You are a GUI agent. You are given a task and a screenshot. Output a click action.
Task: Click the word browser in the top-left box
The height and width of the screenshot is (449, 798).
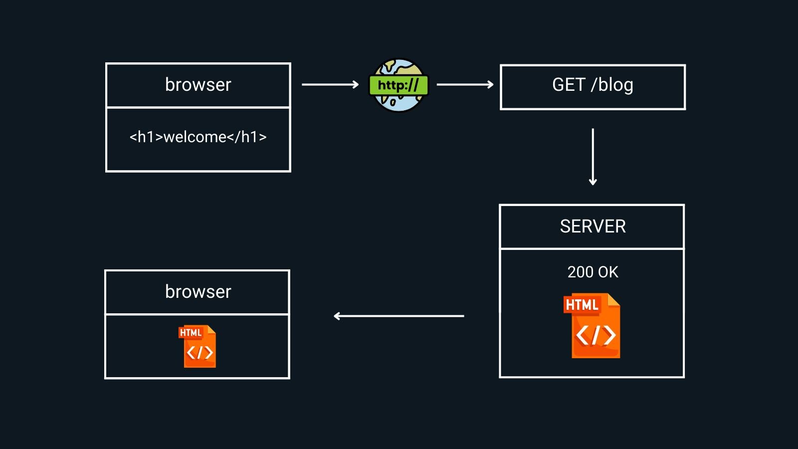[x=198, y=85]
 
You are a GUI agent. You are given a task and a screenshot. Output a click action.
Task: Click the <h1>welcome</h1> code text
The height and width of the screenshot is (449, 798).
[x=198, y=137]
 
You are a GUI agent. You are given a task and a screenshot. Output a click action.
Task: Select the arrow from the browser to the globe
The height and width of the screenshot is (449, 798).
[x=330, y=85]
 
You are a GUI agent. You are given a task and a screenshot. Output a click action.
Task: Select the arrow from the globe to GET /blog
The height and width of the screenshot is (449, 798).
[x=465, y=85]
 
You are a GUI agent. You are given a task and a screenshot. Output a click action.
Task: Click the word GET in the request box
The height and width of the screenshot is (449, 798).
[x=568, y=85]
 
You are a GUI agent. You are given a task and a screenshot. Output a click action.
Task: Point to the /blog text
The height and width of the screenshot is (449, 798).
[x=612, y=85]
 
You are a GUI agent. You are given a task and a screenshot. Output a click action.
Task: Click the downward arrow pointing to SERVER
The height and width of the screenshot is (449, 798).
[x=593, y=157]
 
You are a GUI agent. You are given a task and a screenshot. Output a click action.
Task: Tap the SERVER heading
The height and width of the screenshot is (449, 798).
[x=593, y=226]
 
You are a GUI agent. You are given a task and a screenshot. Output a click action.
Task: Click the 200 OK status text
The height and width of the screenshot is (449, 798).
[x=593, y=272]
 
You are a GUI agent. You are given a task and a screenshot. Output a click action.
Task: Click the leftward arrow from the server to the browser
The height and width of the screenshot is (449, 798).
[x=399, y=316]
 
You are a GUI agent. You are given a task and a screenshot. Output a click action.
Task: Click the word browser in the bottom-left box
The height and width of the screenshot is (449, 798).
[x=198, y=292]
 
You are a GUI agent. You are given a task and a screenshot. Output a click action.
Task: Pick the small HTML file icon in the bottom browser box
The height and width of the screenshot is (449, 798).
[x=199, y=347]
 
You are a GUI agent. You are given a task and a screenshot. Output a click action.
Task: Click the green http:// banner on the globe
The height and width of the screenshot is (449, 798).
[x=398, y=85]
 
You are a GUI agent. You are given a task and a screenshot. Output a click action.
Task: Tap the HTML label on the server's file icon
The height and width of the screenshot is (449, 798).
[x=582, y=305]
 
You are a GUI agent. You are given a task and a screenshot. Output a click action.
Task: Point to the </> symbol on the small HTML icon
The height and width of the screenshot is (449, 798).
[x=199, y=353]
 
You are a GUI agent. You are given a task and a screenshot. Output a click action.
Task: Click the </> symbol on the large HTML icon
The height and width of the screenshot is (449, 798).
[x=596, y=335]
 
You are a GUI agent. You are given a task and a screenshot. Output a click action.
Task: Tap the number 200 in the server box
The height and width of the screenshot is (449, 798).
[x=580, y=272]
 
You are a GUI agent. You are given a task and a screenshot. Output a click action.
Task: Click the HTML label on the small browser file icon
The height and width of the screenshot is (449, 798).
[x=191, y=333]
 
